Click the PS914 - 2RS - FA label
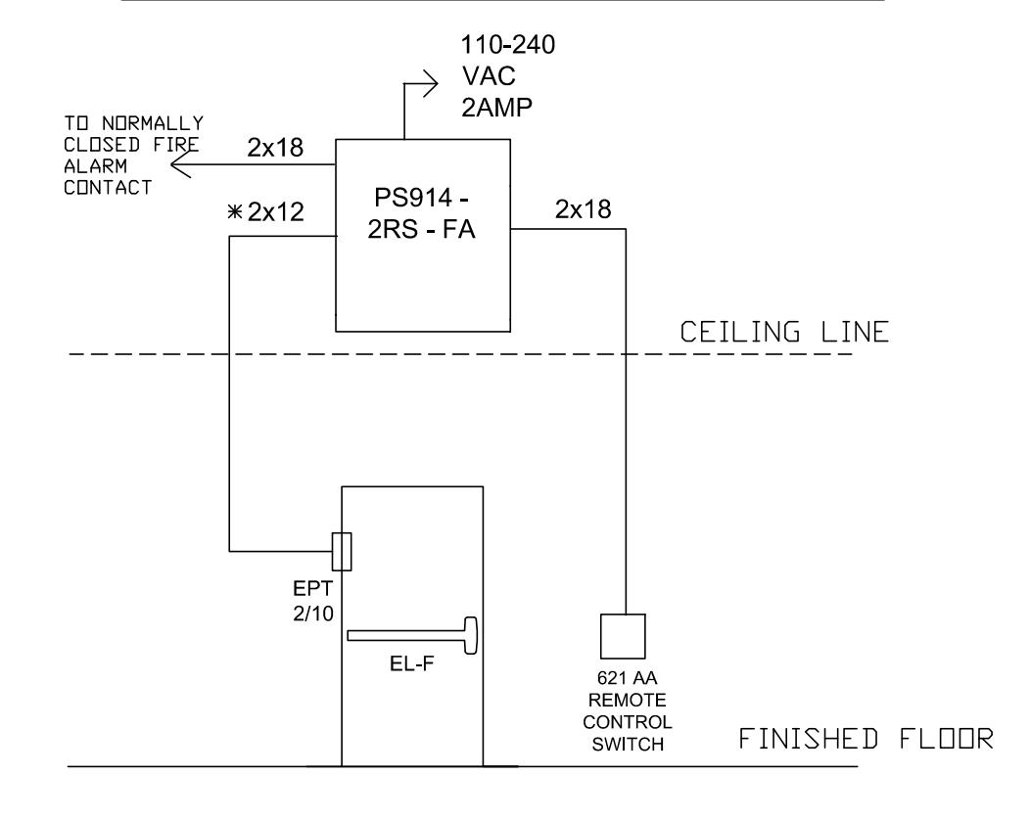coord(421,213)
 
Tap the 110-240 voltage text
coord(508,45)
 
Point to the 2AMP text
coord(496,107)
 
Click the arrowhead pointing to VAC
coord(430,84)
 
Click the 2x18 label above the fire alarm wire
coord(275,148)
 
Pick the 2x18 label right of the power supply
coord(584,209)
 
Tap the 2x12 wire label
coord(276,212)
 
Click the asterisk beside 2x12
coord(235,212)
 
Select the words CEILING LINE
coord(784,332)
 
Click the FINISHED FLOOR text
coord(866,739)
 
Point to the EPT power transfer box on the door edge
coord(342,552)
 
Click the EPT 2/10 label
coord(313,601)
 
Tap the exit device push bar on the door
coord(412,635)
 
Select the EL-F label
coord(412,663)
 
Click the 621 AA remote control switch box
coord(623,636)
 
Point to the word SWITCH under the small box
coord(628,745)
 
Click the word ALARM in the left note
coord(95,166)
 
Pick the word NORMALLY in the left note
coord(153,123)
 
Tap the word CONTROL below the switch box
coord(628,722)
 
